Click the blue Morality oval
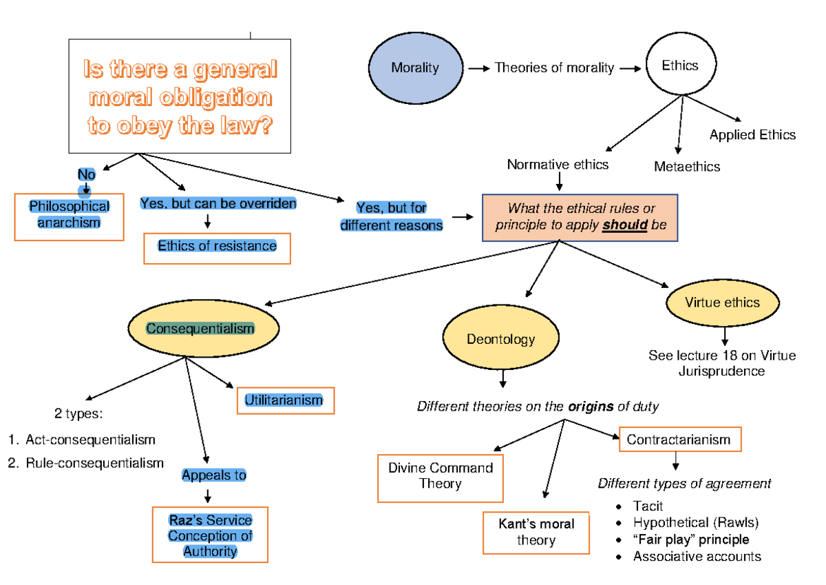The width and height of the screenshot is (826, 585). [415, 68]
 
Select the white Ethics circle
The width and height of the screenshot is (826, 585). [679, 66]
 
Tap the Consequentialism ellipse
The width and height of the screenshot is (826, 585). [200, 329]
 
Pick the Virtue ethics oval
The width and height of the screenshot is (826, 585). [722, 302]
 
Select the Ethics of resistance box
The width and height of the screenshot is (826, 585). [217, 247]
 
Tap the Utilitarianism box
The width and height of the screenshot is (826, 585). [284, 400]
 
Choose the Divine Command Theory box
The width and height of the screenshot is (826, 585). [440, 477]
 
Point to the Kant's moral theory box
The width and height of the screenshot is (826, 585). [536, 532]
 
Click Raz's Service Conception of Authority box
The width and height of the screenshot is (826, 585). [210, 535]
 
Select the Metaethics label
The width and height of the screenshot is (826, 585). [686, 167]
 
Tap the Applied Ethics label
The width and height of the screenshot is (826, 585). [752, 135]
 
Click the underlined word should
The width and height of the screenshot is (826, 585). [625, 225]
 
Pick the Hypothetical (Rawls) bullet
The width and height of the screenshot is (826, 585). [695, 523]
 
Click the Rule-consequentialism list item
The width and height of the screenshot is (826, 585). [94, 463]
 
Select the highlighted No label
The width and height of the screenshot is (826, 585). [86, 175]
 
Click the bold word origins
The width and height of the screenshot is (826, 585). [590, 407]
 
